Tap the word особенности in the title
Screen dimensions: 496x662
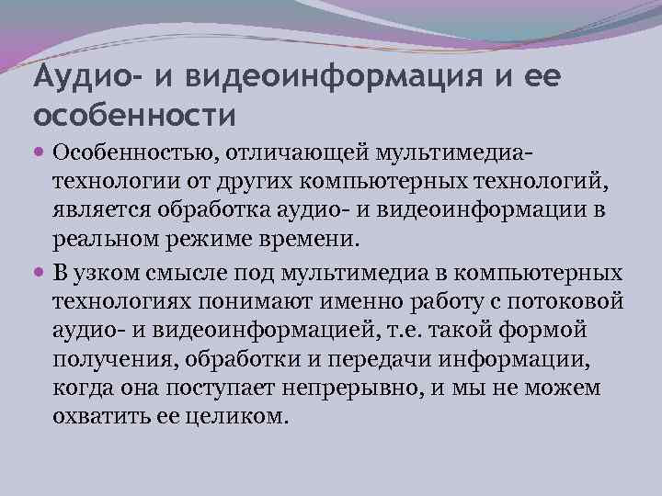pos(135,117)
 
